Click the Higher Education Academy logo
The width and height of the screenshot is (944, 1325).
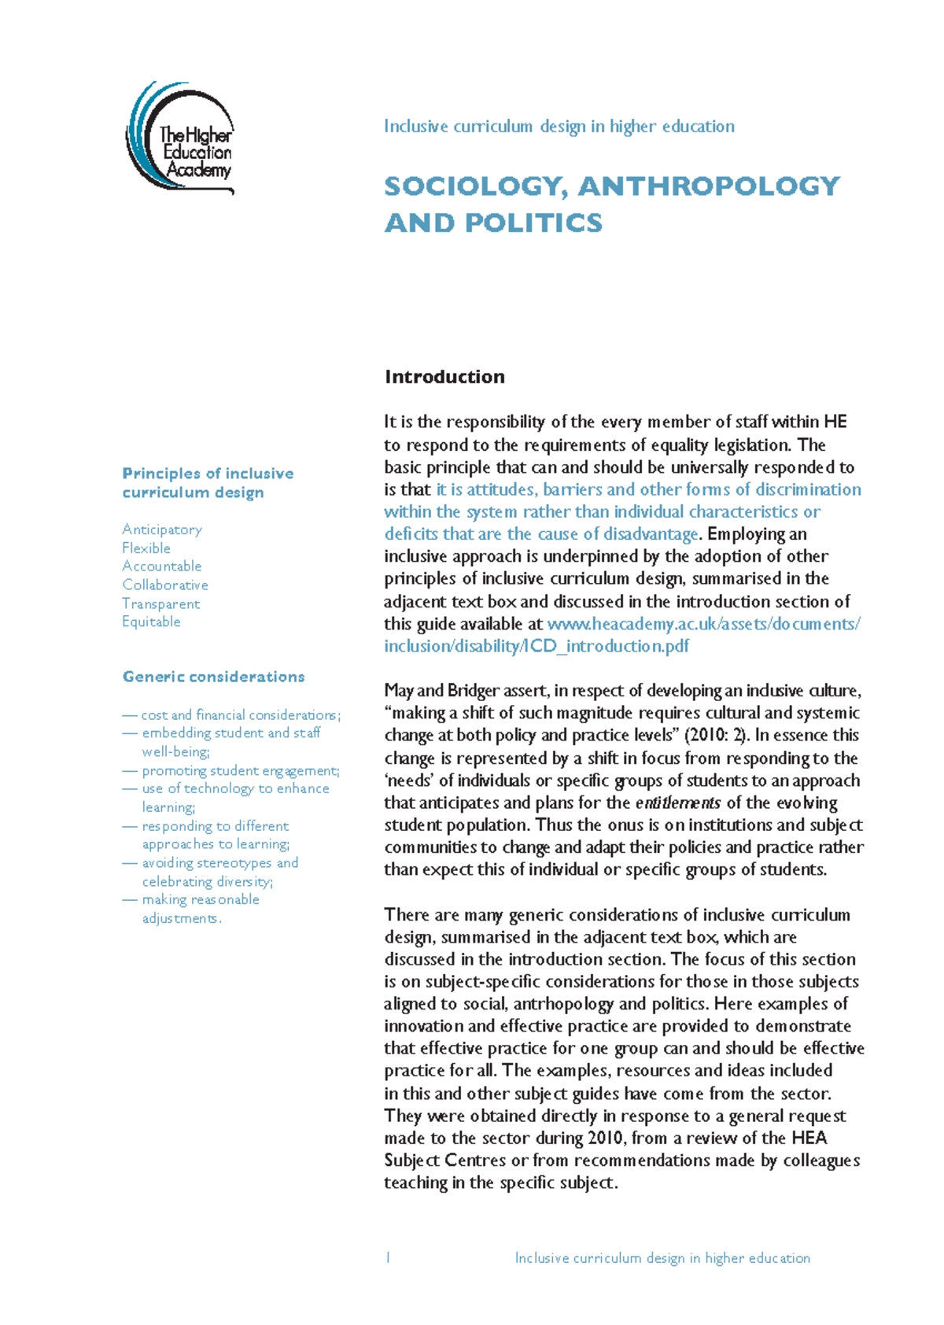coord(181,138)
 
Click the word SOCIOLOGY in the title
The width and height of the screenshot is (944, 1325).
coord(474,186)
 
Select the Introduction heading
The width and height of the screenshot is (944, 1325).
coord(444,377)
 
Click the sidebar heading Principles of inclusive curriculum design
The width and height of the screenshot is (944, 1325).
coord(208,483)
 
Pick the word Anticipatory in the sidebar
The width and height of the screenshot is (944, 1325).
coord(162,530)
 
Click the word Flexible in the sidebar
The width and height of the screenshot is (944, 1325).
coord(146,548)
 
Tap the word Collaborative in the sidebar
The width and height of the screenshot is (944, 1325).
coord(165,585)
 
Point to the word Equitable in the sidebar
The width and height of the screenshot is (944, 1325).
coord(151,622)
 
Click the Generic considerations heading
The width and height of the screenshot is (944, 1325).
coord(213,677)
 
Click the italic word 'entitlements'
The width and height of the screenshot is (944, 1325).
coord(677,803)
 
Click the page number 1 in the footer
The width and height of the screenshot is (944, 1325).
coord(388,1258)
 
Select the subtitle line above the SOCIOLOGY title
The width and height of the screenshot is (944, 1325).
coord(559,127)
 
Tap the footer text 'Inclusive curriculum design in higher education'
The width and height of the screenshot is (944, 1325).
coord(662,1258)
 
